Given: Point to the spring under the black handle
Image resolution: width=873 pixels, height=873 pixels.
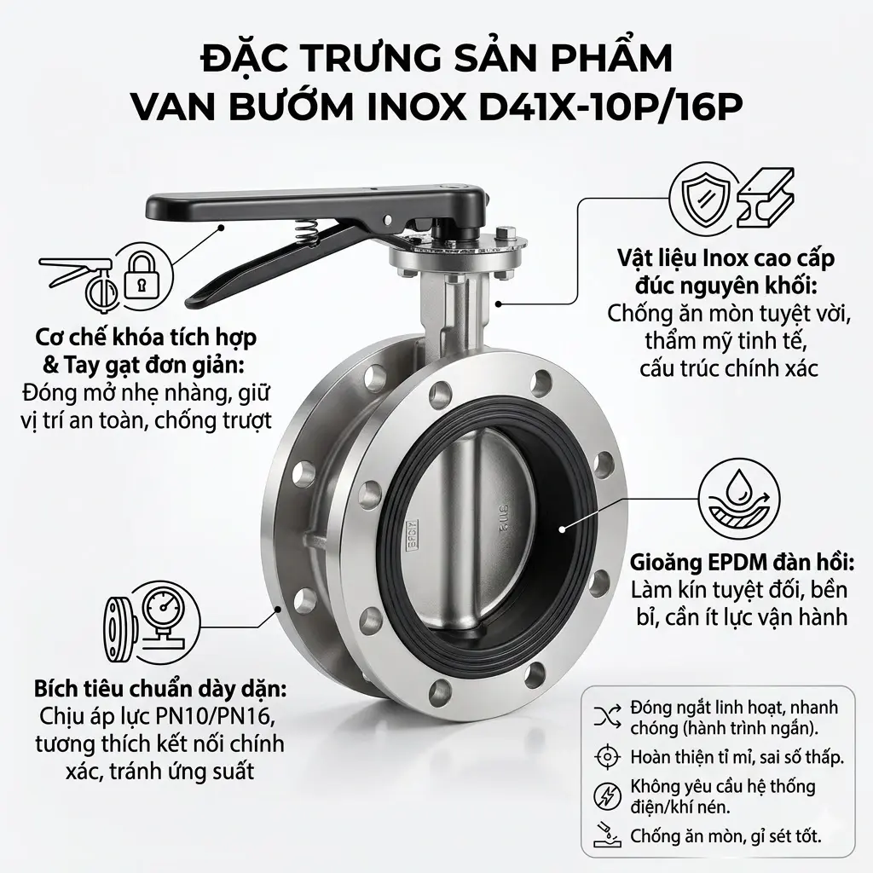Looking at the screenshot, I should point(312,229).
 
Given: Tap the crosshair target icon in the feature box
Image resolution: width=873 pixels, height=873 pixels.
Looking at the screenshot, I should point(606,756).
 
